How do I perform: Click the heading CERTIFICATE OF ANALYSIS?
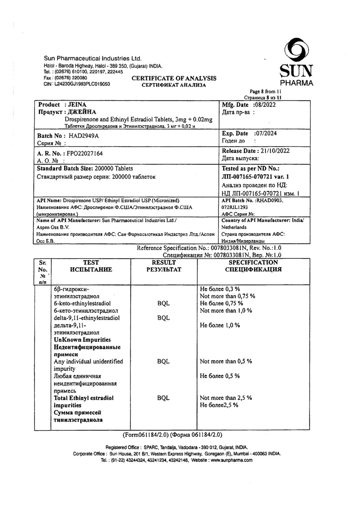click(174, 78)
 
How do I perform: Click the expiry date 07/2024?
click(271, 133)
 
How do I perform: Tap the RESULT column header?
click(164, 263)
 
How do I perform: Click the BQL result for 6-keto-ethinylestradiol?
click(163, 303)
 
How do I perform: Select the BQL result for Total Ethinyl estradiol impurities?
click(163, 398)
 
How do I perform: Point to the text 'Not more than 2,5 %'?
click(226, 398)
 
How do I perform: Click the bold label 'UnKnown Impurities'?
click(83, 340)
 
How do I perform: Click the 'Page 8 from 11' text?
click(265, 91)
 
